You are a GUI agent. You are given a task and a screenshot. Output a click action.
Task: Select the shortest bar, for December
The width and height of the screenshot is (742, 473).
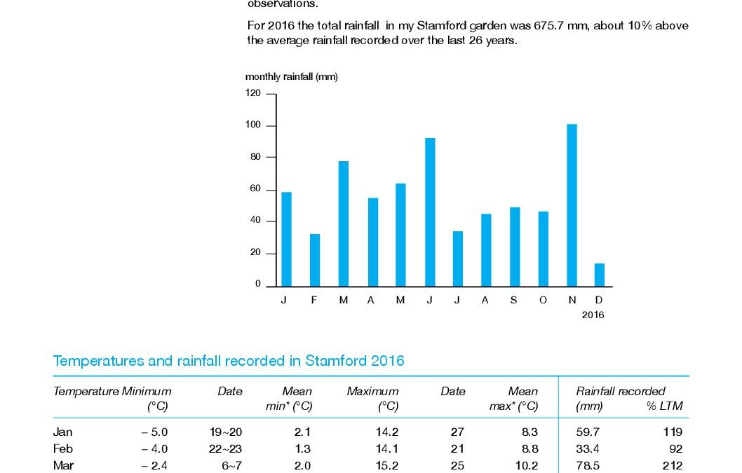coord(600,275)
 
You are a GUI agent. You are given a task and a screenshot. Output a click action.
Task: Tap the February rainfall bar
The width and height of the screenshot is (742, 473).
coord(315,260)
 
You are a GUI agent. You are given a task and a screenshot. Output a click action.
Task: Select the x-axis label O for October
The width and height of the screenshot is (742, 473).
coord(544,300)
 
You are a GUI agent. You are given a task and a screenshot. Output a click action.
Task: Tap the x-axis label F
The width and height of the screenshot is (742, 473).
coord(315,300)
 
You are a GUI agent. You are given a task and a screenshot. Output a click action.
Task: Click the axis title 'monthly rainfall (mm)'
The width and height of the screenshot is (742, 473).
coord(291,76)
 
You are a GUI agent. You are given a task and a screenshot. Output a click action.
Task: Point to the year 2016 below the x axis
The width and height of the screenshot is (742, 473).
coord(593,315)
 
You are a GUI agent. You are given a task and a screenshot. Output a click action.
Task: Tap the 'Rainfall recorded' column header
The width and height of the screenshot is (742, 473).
coord(621,391)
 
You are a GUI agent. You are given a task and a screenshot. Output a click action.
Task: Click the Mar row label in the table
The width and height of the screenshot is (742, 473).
coord(62,465)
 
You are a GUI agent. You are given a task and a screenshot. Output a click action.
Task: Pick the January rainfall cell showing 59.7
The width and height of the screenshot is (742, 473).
coord(587,432)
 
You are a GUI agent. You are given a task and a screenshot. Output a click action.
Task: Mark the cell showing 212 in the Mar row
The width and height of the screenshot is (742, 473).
coord(673,465)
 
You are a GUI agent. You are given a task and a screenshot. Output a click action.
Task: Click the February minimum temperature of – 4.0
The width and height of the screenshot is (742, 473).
coord(154,448)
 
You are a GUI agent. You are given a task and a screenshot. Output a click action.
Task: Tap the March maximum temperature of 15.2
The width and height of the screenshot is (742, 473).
coord(387,465)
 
